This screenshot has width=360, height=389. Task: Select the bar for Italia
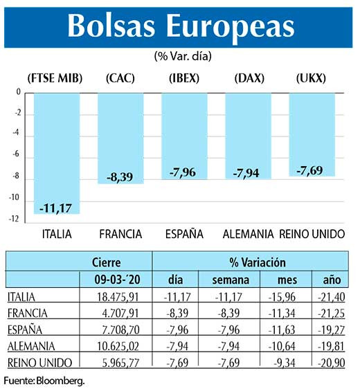(57, 152)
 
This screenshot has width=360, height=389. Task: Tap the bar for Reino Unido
(312, 135)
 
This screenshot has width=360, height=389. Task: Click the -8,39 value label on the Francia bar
(120, 177)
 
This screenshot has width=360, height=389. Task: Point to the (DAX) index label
(246, 78)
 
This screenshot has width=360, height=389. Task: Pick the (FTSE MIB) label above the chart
(55, 78)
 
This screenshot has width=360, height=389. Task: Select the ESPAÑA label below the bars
(183, 234)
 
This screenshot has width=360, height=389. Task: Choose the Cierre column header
(106, 263)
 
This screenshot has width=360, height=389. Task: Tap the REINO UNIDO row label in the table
(35, 362)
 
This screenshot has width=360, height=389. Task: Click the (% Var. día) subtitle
(178, 55)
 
